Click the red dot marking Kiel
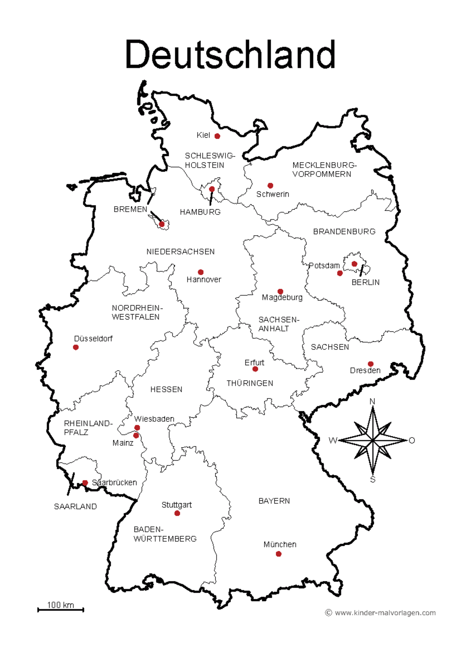point(217,136)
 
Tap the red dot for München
point(279,554)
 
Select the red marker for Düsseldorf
point(76,348)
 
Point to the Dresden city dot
point(370,364)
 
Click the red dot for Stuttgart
point(177,513)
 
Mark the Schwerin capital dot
point(270,186)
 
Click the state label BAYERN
point(274,501)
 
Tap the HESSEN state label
point(166,390)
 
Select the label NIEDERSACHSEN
point(181,252)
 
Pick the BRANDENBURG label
point(344,232)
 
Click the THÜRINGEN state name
point(250,384)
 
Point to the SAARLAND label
point(75,507)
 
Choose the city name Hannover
point(204,280)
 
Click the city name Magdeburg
point(282,298)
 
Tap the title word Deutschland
point(230,55)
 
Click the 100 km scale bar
point(61,609)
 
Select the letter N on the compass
point(372,402)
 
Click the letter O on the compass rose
point(412,441)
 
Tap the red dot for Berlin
point(354,264)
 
